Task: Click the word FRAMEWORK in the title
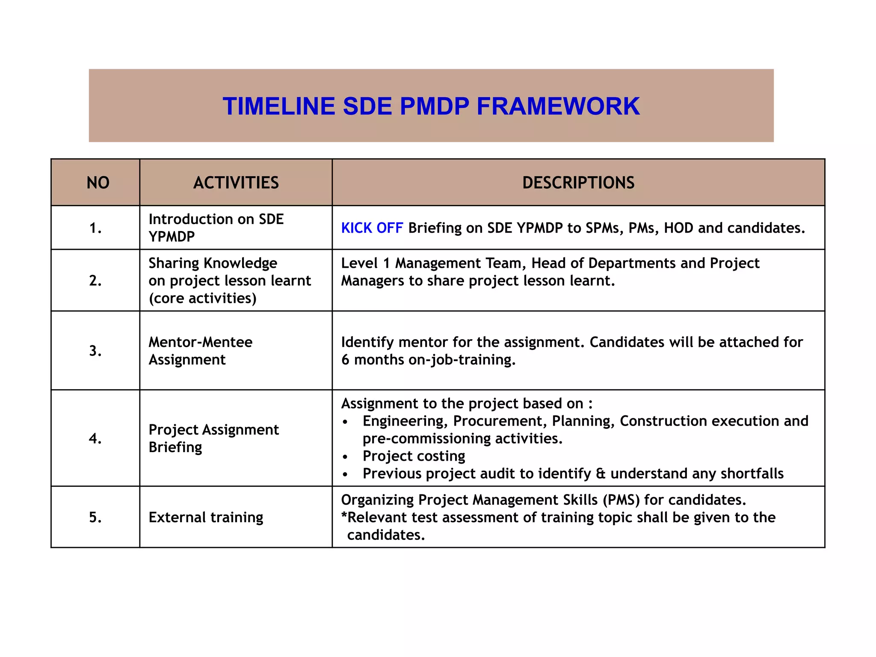point(558,106)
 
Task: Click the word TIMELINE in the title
point(278,106)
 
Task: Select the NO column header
point(98,183)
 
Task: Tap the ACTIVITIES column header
point(236,183)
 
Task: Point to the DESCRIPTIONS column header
point(578,183)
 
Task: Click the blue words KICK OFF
point(372,228)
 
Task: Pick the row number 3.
point(95,351)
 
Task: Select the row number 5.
point(95,518)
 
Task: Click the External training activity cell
point(206,518)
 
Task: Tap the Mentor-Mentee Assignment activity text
point(200,351)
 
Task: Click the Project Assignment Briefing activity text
point(213,438)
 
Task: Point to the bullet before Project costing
point(345,457)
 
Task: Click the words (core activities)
point(202,298)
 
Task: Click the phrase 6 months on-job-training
point(428,360)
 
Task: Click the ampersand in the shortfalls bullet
point(601,474)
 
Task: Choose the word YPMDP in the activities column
point(172,237)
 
